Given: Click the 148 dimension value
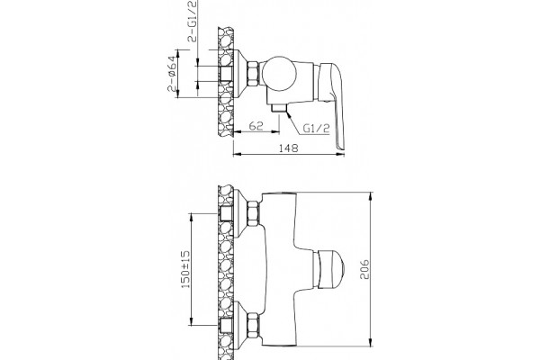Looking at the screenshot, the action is [289, 148].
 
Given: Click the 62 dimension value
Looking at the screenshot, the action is [256, 126].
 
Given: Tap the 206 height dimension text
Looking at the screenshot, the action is [364, 270].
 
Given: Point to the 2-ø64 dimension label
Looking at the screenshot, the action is [172, 74].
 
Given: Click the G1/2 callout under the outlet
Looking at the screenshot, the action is [316, 128].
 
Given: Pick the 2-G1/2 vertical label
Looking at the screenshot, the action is [193, 22].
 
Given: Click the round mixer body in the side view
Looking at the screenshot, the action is [279, 74].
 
